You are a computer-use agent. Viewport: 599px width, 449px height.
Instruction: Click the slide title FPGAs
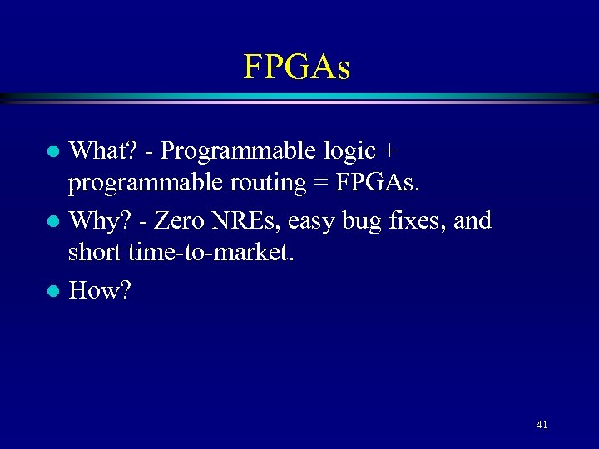pos(297,67)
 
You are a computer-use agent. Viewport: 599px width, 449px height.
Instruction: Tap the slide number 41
pos(542,425)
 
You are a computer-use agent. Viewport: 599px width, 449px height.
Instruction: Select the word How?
pos(100,290)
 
